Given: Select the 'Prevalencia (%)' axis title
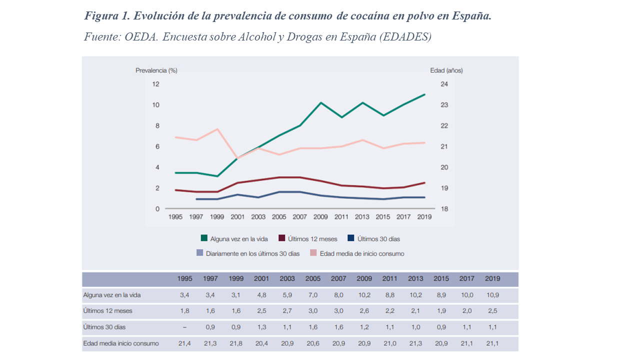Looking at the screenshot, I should pos(156,70).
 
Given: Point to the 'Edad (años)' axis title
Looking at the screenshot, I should pos(446,70).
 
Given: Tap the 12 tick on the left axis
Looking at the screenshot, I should pos(155,84).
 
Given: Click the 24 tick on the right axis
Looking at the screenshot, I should pos(444,84).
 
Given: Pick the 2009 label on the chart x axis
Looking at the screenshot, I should pos(320,217).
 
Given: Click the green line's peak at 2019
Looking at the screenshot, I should pos(424,94).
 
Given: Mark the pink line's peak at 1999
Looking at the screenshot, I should pos(217,129).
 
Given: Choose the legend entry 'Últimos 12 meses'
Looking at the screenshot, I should pos(312,239).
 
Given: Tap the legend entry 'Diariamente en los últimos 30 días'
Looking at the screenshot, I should pos(252,253).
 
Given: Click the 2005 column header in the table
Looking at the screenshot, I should pos(313,279).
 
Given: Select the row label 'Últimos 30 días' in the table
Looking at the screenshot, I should pos(104,327).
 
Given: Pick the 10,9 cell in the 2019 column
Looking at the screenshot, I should pos(492,295).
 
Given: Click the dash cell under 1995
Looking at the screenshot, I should pos(185,327).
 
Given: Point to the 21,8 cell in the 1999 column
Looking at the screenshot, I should pos(236,343).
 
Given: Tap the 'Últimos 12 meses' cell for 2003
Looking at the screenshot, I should pos(287,311).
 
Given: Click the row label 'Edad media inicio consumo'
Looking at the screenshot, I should pos(121,343).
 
